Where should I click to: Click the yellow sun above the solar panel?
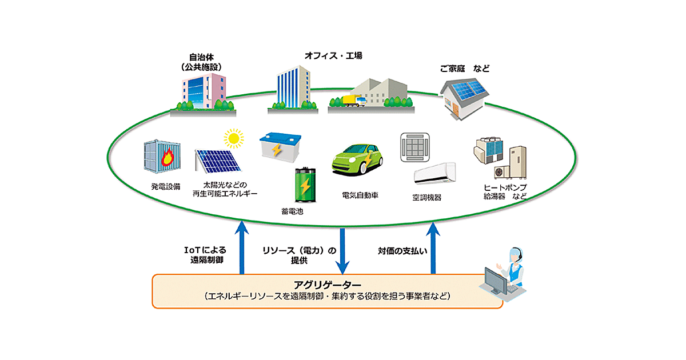(x=233, y=138)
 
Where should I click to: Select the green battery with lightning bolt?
(x=305, y=186)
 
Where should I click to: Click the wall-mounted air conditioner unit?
(x=434, y=173)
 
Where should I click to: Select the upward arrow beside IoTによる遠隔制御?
(x=242, y=249)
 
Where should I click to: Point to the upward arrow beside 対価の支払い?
(x=433, y=249)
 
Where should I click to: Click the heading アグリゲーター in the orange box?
(x=328, y=285)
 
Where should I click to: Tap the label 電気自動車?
(x=360, y=195)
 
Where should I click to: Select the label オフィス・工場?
(x=334, y=56)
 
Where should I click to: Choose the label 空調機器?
(x=426, y=198)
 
